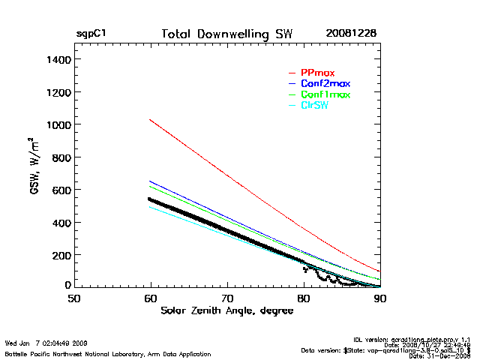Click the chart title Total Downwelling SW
pos(227,34)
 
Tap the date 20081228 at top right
pos(351,34)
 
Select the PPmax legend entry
pos(317,73)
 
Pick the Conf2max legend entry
pos(325,83)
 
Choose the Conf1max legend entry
pos(325,94)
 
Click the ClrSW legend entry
pos(314,105)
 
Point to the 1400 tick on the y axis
pos(58,59)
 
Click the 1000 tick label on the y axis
pos(58,124)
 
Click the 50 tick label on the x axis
pos(74,298)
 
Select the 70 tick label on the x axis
pos(227,298)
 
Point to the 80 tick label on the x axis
pos(304,298)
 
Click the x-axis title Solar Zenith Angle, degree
pos(227,310)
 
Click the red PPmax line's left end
pos(151,119)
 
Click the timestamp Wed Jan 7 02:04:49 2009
pos(46,344)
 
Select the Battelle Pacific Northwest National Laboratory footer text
pos(108,353)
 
